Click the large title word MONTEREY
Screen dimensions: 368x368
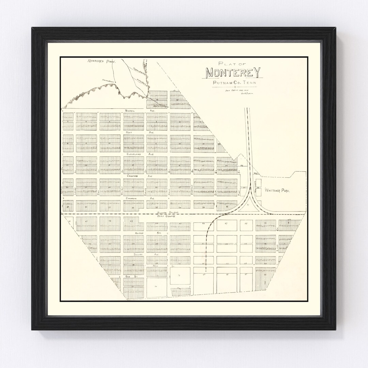[x=233, y=73]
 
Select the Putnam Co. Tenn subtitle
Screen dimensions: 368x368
[x=234, y=83]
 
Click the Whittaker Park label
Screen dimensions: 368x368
[x=277, y=191]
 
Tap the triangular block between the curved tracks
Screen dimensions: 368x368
[x=248, y=205]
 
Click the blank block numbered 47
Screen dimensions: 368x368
[x=226, y=225]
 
